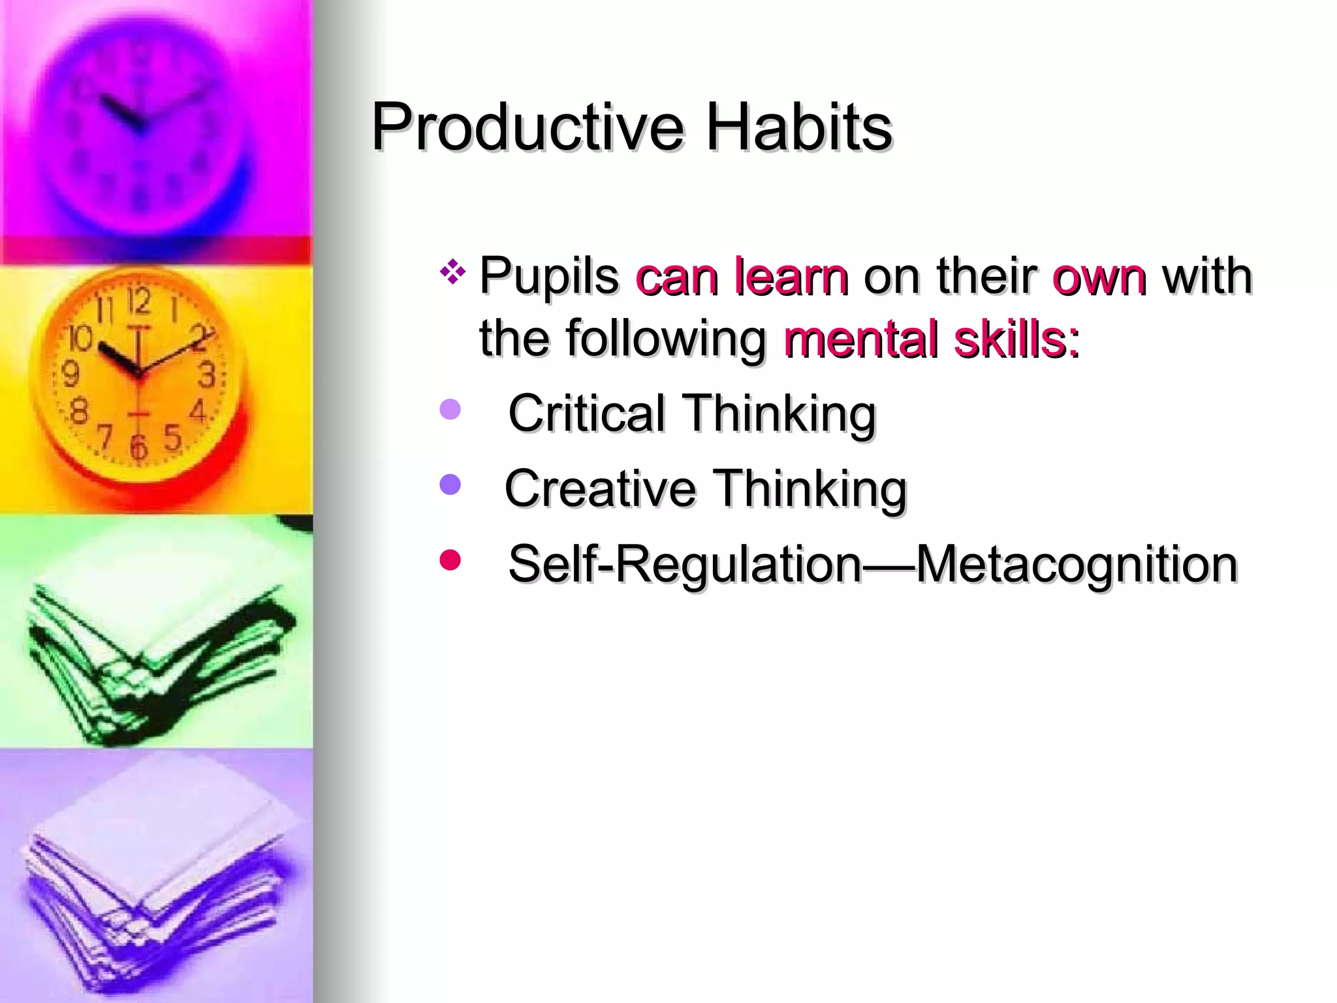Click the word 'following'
click(666, 340)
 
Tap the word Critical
click(586, 413)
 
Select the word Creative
click(601, 488)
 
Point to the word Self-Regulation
click(685, 564)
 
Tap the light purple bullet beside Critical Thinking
click(450, 410)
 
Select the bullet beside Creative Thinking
click(450, 485)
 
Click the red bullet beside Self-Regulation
click(450, 560)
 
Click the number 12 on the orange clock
click(138, 302)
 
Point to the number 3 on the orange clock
click(207, 375)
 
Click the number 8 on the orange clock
click(79, 411)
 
